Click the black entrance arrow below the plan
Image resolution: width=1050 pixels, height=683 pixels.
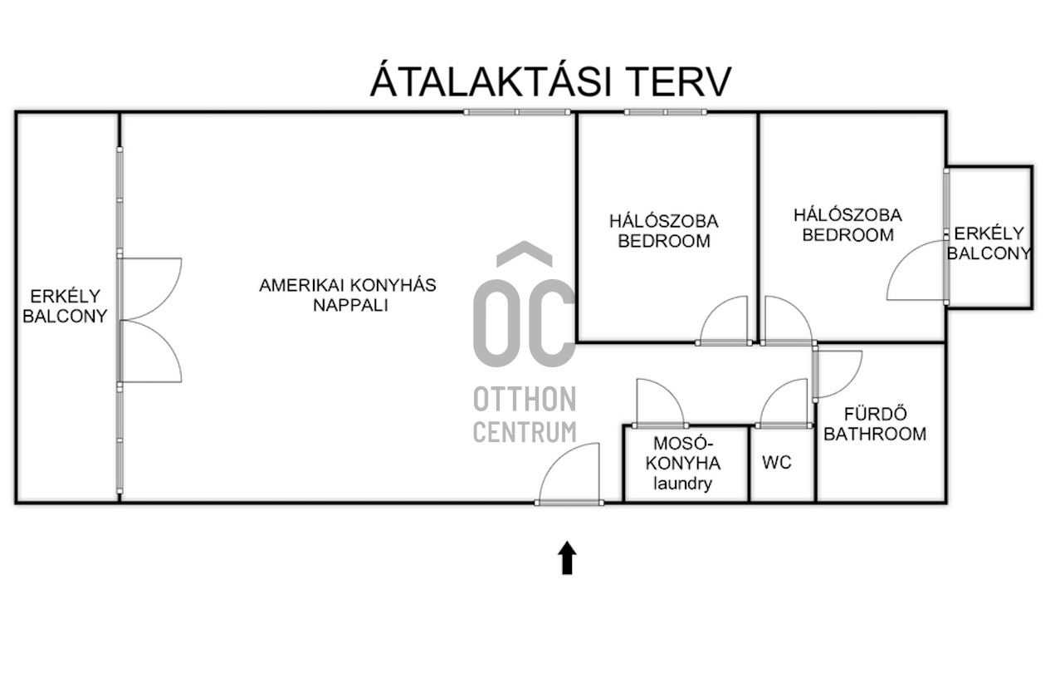567,558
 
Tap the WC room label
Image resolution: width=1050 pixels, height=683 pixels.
777,463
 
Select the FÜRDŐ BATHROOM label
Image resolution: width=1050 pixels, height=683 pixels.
875,424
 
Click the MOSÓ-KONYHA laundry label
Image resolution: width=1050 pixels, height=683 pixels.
683,463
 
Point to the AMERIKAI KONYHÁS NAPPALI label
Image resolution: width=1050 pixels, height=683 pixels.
347,295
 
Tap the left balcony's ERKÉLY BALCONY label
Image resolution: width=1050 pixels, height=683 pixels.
65,307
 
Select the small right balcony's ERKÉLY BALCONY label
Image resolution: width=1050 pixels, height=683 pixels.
989,243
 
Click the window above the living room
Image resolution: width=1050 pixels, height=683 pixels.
517,112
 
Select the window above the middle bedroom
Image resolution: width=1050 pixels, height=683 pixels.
665,112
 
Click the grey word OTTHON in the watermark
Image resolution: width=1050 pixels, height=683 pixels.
525,399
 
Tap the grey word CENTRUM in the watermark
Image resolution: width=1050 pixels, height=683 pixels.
525,432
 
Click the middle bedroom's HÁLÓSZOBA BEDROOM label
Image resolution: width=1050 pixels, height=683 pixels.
664,231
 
